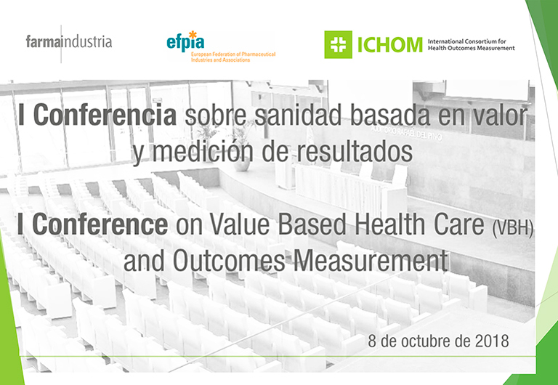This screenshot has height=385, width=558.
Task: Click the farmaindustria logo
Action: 69,42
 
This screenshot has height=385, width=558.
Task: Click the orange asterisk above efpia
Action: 193,35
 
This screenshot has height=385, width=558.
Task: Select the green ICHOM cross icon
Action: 338,44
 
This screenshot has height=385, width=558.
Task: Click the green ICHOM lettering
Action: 389,45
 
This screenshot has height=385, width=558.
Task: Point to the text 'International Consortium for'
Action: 467,41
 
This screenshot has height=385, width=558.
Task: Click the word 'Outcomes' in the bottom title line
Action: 229,261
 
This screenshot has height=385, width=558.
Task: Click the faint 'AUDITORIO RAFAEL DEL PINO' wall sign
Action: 406,132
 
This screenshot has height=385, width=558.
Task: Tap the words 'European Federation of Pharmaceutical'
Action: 233,54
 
